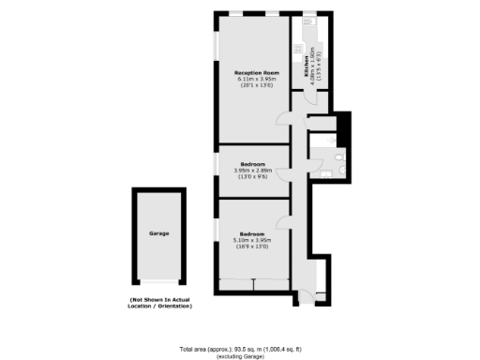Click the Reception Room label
pos(257,73)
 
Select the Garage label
pos(158,232)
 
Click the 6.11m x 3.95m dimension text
pos(257,79)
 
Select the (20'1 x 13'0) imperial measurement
pos(257,85)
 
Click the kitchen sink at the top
pos(308,22)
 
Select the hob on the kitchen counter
pos(297,49)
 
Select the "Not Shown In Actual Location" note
pos(160,302)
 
